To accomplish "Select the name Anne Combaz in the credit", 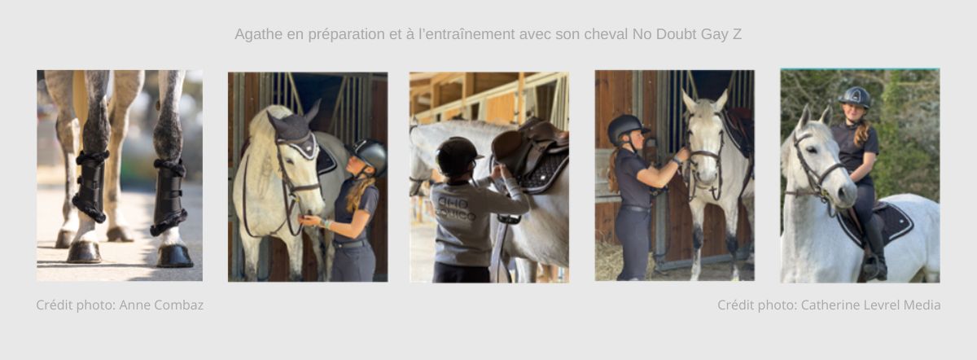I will [161, 305].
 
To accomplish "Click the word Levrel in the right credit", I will [876, 305].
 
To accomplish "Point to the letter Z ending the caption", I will [736, 34].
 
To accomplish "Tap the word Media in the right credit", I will [922, 305].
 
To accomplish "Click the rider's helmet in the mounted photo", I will [854, 97].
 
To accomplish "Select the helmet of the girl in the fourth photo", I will [626, 125].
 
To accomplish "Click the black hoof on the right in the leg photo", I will [175, 255].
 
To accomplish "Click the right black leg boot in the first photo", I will [169, 196].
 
